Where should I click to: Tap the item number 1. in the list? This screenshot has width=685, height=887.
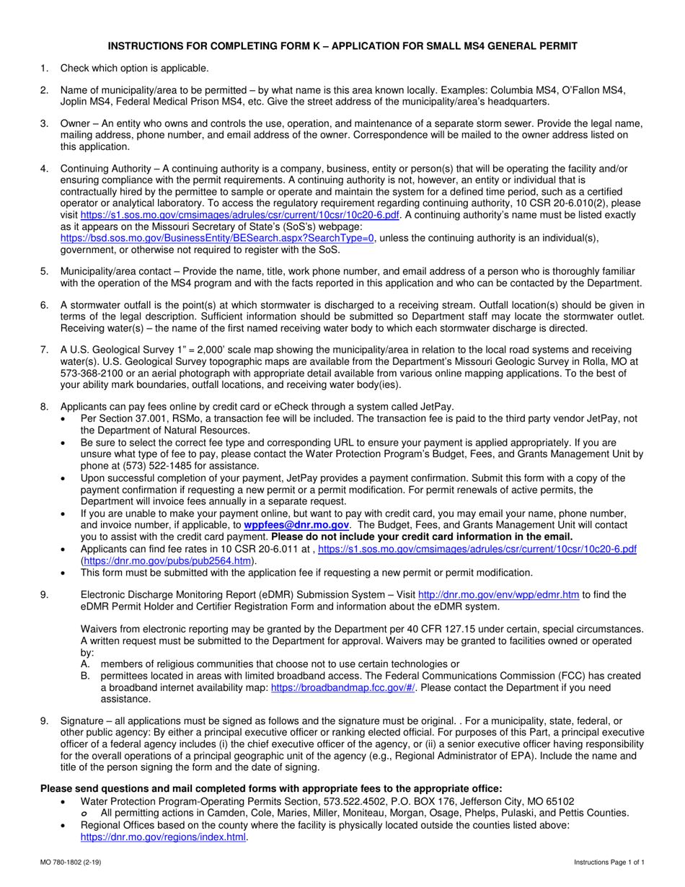[45, 69]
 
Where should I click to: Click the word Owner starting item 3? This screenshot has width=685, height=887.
[76, 123]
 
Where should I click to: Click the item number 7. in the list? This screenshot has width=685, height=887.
[45, 350]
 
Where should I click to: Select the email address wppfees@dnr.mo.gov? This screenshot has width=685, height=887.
[296, 526]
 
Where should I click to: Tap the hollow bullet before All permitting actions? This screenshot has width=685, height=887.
[85, 813]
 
